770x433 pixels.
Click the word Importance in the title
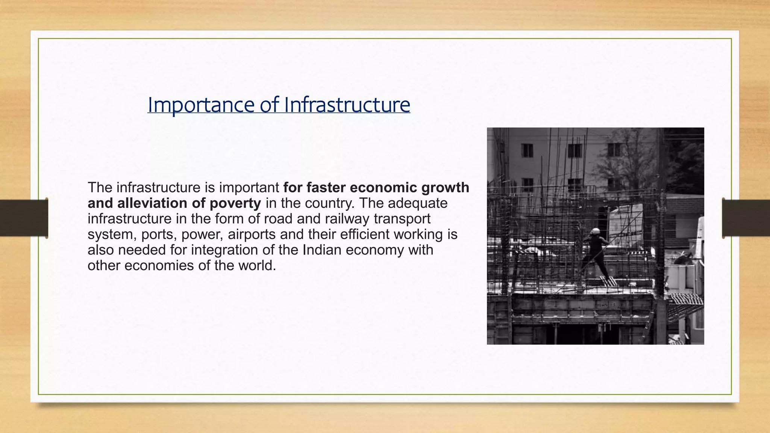pos(200,105)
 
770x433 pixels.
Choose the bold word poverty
pos(235,203)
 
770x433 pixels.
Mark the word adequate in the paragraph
pos(418,203)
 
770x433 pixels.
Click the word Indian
pos(322,250)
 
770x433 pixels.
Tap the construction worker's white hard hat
pos(595,231)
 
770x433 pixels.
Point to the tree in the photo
pos(632,158)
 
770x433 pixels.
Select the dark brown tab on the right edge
pos(746,218)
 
